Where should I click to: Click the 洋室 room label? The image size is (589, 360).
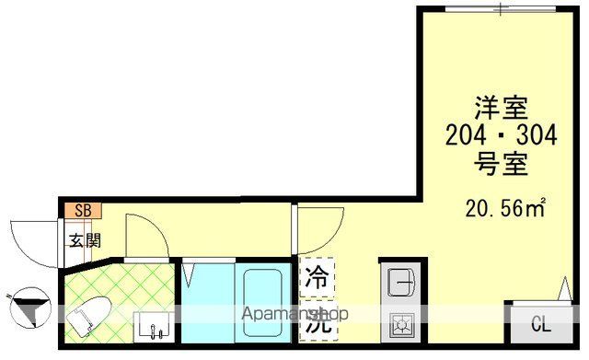[500, 108]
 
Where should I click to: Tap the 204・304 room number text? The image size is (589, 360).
[500, 136]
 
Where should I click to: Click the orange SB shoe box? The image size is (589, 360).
[82, 210]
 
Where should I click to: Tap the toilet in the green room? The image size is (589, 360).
[90, 316]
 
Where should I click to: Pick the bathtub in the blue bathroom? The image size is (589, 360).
[266, 303]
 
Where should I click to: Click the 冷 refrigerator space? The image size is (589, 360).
[317, 275]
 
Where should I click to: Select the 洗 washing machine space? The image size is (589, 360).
[317, 319]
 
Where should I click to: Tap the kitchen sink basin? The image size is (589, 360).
[401, 281]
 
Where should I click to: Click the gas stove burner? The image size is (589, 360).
[402, 324]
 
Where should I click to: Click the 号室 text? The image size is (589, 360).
[500, 166]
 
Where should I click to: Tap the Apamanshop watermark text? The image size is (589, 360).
[290, 315]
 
